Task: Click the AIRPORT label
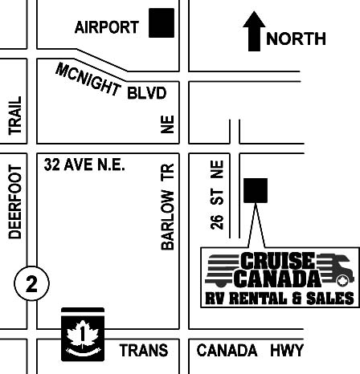(x=107, y=27)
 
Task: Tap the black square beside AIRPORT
(x=162, y=23)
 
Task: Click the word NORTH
(x=296, y=39)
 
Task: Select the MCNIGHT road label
(x=88, y=79)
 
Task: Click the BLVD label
(x=146, y=94)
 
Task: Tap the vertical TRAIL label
(x=14, y=116)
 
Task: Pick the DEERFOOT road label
(x=14, y=203)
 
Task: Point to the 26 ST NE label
(x=217, y=193)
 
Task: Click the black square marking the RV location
(x=256, y=190)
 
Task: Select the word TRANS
(x=144, y=351)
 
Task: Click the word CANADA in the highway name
(x=227, y=351)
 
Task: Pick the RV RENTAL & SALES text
(x=277, y=299)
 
